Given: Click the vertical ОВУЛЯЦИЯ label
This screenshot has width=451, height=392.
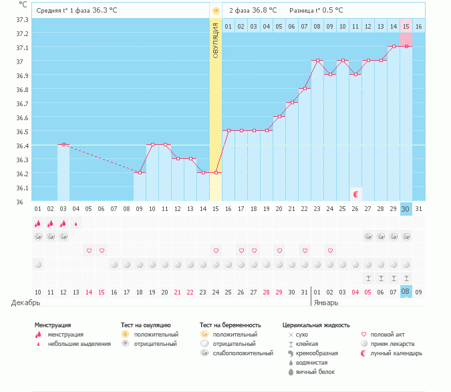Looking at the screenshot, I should click(216, 41).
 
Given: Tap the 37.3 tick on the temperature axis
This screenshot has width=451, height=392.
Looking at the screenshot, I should click(22, 19).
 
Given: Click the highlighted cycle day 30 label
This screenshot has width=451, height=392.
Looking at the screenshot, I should click(406, 209).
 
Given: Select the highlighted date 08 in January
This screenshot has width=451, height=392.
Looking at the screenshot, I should click(406, 291).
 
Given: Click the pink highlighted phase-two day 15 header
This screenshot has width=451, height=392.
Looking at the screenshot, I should click(406, 26).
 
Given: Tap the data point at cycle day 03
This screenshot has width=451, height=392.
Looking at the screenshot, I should click(63, 144).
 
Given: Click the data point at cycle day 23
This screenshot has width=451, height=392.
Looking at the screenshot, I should click(317, 61).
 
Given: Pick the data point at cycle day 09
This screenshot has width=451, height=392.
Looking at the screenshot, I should click(140, 172).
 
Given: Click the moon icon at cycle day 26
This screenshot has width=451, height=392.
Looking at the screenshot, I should click(356, 194).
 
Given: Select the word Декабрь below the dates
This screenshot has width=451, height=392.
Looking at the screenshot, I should click(25, 303).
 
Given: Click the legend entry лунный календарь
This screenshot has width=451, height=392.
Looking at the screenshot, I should click(395, 353).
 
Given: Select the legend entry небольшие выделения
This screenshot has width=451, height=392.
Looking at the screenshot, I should click(80, 343).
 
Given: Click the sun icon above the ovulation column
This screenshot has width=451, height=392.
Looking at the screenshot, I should click(216, 11).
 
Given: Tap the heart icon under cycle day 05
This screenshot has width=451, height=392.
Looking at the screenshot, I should click(89, 250).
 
